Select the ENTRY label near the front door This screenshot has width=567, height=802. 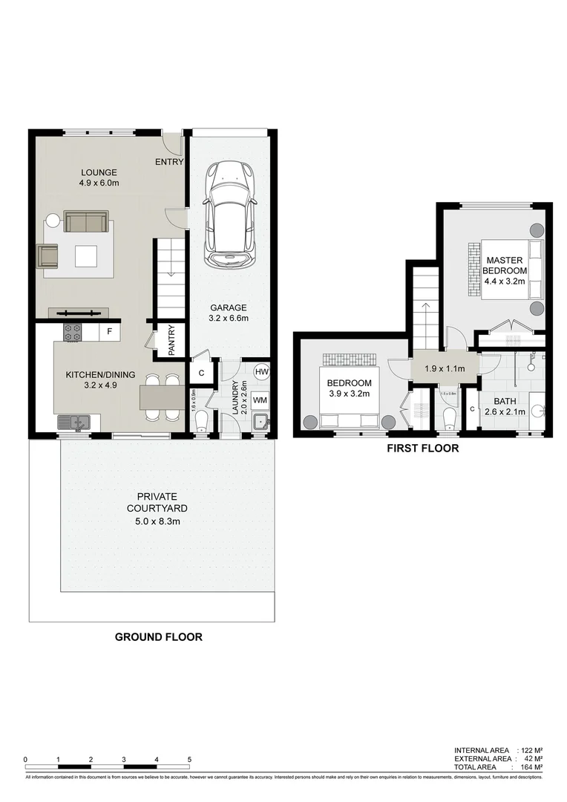pyautogui.click(x=169, y=162)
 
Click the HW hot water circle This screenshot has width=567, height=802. pyautogui.click(x=261, y=371)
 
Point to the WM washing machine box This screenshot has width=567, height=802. pyautogui.click(x=260, y=400)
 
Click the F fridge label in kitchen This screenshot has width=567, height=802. pyautogui.click(x=109, y=332)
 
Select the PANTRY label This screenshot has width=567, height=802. pyautogui.click(x=171, y=341)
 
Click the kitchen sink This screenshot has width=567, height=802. pyautogui.click(x=74, y=423)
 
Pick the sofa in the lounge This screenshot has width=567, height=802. pyautogui.click(x=86, y=221)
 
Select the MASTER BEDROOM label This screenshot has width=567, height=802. pyautogui.click(x=505, y=266)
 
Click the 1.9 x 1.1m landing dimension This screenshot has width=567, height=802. pyautogui.click(x=444, y=369)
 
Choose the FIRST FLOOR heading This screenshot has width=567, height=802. pyautogui.click(x=422, y=449)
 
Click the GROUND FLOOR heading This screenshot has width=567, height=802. pyautogui.click(x=158, y=636)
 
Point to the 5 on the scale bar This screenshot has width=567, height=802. pyautogui.click(x=189, y=760)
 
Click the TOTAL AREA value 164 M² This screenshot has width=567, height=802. pyautogui.click(x=531, y=767)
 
